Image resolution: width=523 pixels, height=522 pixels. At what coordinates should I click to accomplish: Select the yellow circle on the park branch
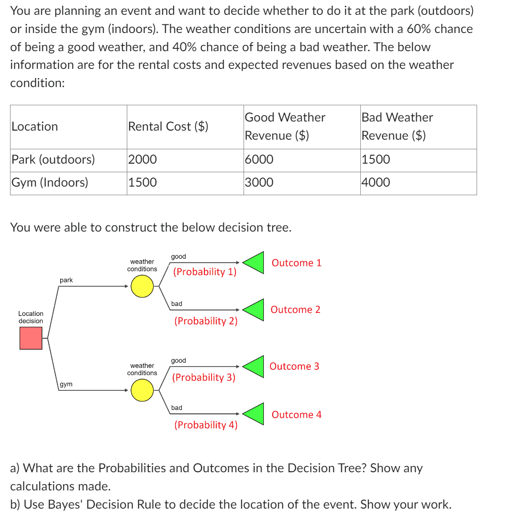pyautogui.click(x=142, y=287)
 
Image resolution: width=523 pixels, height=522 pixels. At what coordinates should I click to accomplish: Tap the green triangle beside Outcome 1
pyautogui.click(x=255, y=262)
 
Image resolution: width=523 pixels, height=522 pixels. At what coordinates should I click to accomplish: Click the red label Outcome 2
pyautogui.click(x=295, y=310)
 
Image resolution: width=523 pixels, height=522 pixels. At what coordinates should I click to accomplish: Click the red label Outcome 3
pyautogui.click(x=294, y=367)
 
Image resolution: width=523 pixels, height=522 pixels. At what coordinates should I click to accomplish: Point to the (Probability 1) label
pyautogui.click(x=205, y=272)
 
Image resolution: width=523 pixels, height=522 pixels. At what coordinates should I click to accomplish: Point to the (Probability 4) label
pyautogui.click(x=206, y=425)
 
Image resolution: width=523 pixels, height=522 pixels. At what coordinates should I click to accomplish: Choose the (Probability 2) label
pyautogui.click(x=206, y=321)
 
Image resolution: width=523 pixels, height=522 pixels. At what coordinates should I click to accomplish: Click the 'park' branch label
pyautogui.click(x=67, y=280)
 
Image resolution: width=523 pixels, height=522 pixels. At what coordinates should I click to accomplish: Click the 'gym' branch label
pyautogui.click(x=67, y=384)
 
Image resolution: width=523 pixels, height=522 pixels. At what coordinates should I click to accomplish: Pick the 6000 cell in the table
pyautogui.click(x=259, y=160)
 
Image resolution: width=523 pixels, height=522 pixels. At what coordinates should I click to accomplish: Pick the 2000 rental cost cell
pyautogui.click(x=142, y=160)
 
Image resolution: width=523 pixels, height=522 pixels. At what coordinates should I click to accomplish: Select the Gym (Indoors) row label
pyautogui.click(x=50, y=182)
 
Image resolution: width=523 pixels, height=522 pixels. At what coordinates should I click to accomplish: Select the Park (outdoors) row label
pyautogui.click(x=53, y=160)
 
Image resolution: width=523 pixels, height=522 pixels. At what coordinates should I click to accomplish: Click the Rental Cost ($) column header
pyautogui.click(x=168, y=126)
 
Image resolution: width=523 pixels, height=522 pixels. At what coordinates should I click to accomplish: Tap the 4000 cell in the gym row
pyautogui.click(x=376, y=182)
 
